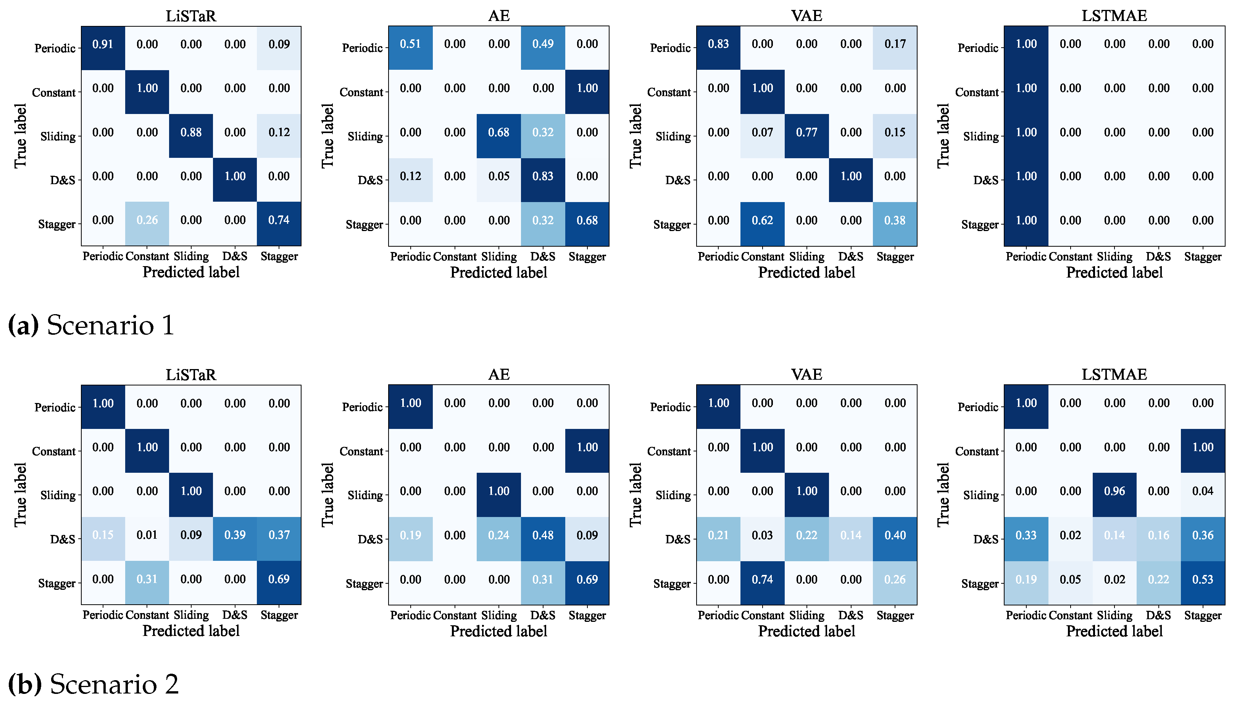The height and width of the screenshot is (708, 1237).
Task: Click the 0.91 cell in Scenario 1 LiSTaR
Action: click(103, 44)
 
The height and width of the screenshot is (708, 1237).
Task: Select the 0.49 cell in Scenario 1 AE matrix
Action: click(543, 44)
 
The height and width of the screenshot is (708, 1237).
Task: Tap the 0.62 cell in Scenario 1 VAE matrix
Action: click(762, 220)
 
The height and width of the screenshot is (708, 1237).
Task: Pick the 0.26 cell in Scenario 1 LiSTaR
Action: click(147, 220)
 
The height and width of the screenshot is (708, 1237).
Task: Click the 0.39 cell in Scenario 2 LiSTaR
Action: click(235, 535)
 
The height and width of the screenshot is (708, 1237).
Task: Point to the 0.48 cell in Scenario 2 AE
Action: click(543, 535)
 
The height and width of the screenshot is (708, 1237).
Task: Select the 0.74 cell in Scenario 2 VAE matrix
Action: click(762, 579)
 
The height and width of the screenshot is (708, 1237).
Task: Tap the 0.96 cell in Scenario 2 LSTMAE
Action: click(1114, 491)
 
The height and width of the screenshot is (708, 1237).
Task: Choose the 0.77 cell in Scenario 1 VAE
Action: click(806, 132)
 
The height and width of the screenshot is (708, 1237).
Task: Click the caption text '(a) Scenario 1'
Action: click(92, 325)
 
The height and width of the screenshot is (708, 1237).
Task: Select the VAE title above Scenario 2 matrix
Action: click(806, 374)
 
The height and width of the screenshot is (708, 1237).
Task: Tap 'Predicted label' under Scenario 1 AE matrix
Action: click(498, 272)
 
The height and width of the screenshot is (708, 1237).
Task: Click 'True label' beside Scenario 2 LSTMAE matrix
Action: click(943, 494)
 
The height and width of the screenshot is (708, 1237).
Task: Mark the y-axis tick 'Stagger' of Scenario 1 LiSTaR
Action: click(56, 225)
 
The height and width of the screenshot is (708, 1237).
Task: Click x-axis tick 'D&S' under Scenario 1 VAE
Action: click(851, 256)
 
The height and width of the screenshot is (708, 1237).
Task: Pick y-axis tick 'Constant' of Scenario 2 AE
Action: click(361, 451)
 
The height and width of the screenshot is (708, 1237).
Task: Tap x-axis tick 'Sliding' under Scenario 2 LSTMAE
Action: click(1114, 615)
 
